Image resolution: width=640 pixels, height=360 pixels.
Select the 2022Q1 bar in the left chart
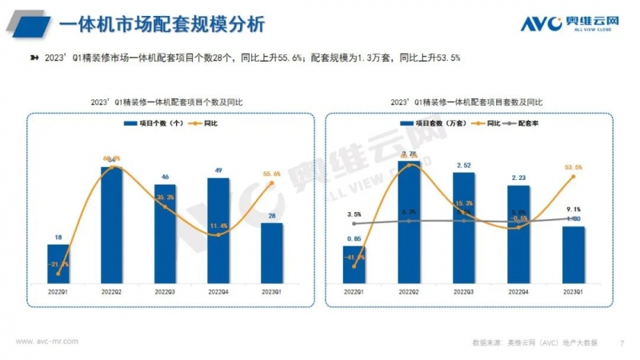click(x=58, y=263)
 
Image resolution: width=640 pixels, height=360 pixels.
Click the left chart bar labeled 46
click(x=165, y=233)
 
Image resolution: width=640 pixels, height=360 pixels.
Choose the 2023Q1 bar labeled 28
click(x=272, y=252)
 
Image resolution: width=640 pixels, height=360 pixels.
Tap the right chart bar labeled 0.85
click(x=354, y=264)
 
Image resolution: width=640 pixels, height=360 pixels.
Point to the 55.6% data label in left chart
click(x=272, y=174)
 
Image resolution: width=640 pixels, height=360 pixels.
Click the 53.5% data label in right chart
click(x=573, y=167)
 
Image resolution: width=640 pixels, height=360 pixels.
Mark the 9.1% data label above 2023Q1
click(x=573, y=210)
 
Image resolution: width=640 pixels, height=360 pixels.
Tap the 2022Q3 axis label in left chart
click(x=165, y=293)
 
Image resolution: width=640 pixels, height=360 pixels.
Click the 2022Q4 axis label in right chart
click(x=518, y=293)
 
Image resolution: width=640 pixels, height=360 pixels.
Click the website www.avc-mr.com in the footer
click(x=46, y=342)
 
